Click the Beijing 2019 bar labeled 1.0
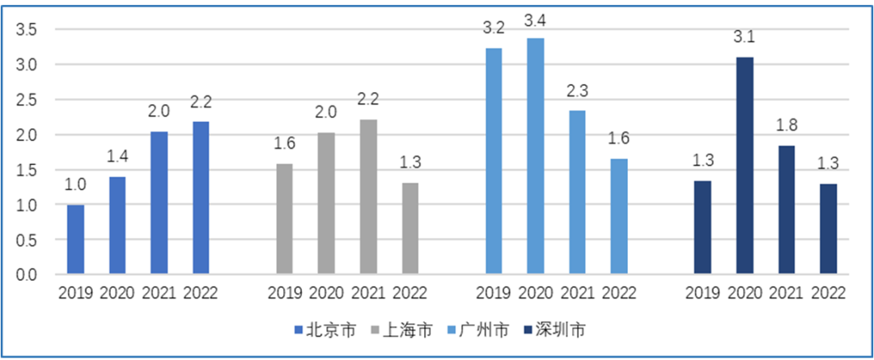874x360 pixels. pos(75,240)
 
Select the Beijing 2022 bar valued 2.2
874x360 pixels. pos(201,198)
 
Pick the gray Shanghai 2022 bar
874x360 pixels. pos(410,229)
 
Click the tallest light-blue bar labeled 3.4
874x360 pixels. pos(536,156)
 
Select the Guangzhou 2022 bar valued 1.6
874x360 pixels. pos(619,217)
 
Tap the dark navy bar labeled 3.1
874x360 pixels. pos(745,166)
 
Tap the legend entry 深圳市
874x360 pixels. pos(562,329)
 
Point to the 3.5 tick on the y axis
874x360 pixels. pos(26,30)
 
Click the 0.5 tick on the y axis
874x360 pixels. pos(26,240)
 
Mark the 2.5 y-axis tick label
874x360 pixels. pos(26,100)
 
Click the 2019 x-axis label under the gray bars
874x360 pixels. pos(285,293)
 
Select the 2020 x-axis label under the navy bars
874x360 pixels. pos(745,293)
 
